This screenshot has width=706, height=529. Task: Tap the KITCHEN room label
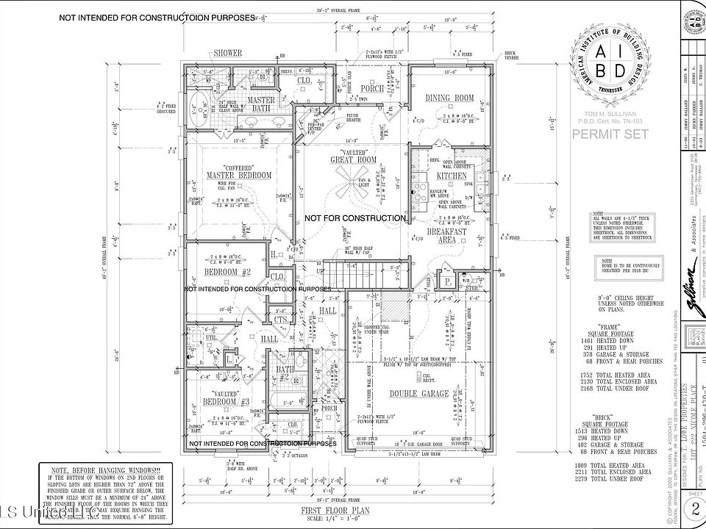pos(452,176)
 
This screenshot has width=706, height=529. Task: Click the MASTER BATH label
pos(261,104)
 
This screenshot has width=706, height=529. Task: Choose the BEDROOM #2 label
pos(227,273)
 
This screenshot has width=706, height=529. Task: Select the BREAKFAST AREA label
pos(452,234)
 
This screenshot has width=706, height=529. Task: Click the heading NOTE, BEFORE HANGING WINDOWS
pos(97,469)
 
